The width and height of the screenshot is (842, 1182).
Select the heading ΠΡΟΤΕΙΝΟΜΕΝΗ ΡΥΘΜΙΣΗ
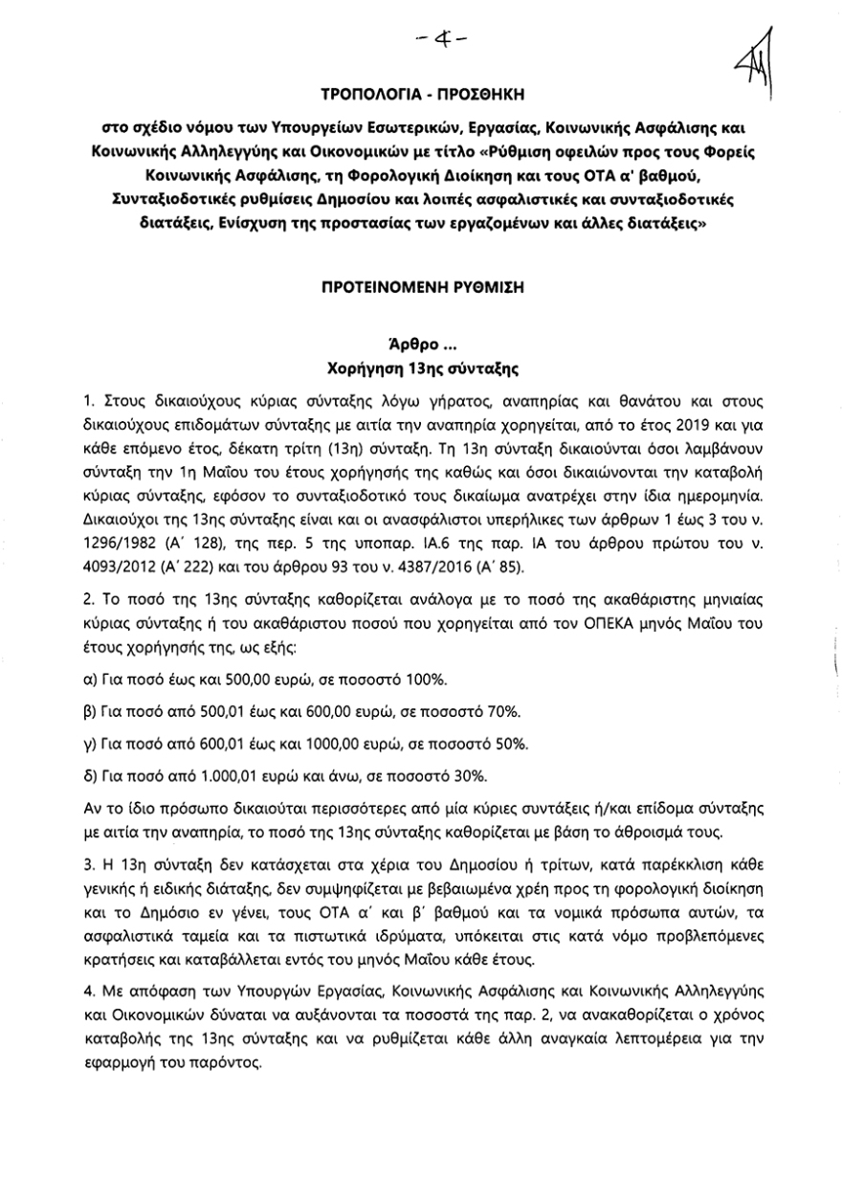[421, 286]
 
